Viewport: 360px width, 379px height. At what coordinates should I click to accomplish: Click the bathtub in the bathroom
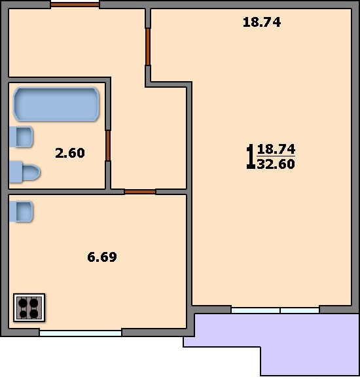(56, 104)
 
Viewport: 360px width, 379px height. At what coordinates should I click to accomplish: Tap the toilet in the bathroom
(24, 172)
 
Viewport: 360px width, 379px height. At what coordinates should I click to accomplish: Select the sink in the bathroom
(21, 137)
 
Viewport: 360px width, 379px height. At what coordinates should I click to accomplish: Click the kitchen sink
(21, 211)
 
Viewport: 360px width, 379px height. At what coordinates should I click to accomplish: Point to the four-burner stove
(29, 308)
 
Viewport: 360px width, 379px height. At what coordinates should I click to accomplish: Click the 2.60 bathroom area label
(70, 153)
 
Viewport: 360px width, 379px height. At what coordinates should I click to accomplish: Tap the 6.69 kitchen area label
(102, 257)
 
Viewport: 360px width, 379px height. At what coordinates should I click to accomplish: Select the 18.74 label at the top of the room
(262, 22)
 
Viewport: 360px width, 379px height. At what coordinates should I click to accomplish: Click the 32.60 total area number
(276, 164)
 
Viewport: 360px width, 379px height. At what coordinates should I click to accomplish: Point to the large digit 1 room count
(251, 156)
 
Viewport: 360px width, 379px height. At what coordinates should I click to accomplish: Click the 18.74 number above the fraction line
(276, 149)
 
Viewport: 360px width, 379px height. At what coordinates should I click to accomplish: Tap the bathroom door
(108, 146)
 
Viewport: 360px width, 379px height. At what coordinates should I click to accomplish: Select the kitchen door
(140, 192)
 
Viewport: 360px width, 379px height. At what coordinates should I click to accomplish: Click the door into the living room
(148, 47)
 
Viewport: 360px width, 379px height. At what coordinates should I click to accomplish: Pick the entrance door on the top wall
(75, 5)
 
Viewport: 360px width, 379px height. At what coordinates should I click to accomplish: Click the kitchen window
(81, 333)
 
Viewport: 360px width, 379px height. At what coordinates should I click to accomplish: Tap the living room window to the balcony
(276, 310)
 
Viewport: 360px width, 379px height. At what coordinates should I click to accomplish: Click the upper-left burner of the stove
(23, 302)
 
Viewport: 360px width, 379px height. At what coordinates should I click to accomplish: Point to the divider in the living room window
(280, 310)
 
